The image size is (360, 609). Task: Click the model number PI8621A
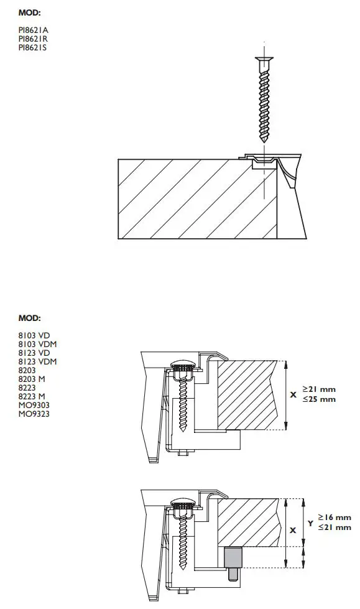coord(33,29)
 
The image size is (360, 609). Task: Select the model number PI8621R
coord(33,38)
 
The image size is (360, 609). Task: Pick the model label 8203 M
coord(31,379)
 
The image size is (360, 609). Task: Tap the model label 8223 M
coord(31,396)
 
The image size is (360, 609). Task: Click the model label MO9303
coord(34,405)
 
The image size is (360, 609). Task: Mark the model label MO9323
coord(34,414)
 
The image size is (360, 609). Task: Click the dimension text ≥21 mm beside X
coord(319,390)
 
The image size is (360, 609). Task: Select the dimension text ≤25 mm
coord(319,399)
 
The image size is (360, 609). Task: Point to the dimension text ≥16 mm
coord(335,518)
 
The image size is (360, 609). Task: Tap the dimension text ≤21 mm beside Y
coord(335,527)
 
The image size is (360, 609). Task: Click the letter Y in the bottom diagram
coord(310,523)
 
